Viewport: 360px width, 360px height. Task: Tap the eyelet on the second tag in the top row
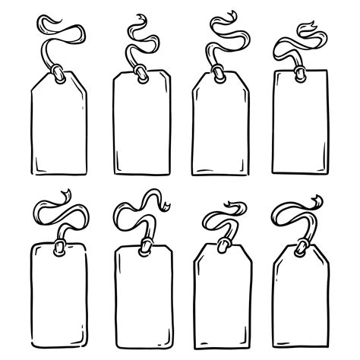click(x=141, y=74)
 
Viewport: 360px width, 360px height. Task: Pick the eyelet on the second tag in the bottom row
click(x=142, y=245)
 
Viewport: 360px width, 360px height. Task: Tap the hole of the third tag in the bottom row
click(x=223, y=245)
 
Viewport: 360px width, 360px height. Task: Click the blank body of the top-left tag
click(x=59, y=129)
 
